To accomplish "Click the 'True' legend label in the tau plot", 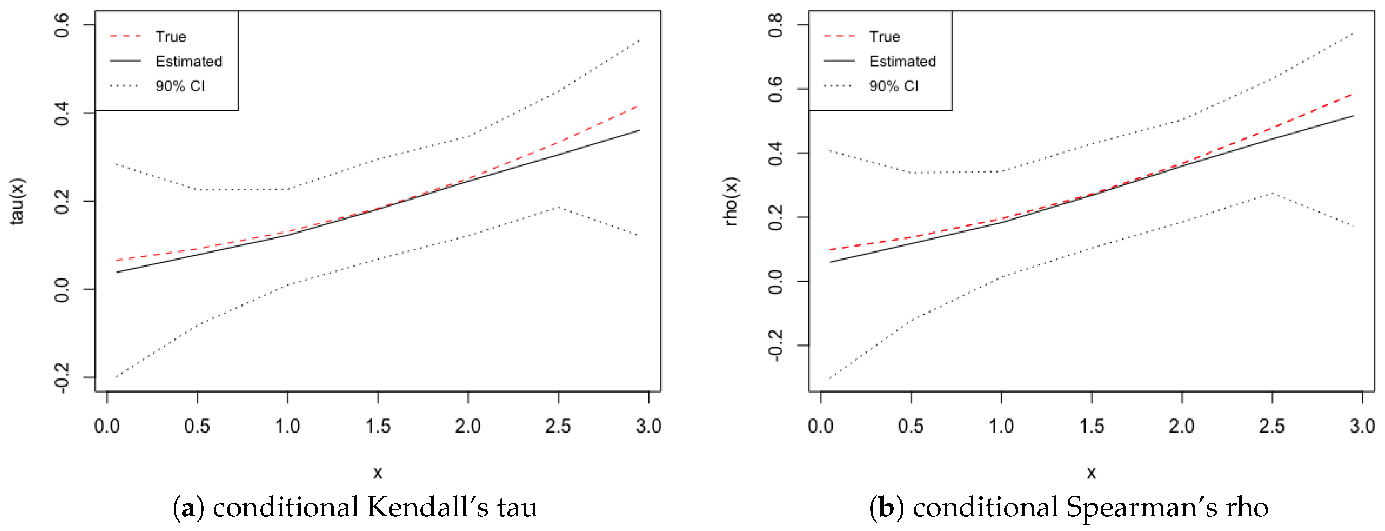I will tap(170, 36).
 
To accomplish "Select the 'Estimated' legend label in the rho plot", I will tap(902, 61).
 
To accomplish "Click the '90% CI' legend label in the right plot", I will tap(894, 86).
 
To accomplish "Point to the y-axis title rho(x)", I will tap(731, 201).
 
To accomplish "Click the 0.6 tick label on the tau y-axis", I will tap(62, 25).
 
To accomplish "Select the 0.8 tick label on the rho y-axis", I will tap(776, 25).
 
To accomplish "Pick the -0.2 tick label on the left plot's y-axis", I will tap(62, 377).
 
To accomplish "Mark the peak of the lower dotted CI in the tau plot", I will tap(558, 207).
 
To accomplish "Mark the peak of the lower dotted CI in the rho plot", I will tap(1271, 193).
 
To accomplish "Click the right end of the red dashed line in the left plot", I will tap(638, 106).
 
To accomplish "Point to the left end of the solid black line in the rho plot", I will tap(830, 262).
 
